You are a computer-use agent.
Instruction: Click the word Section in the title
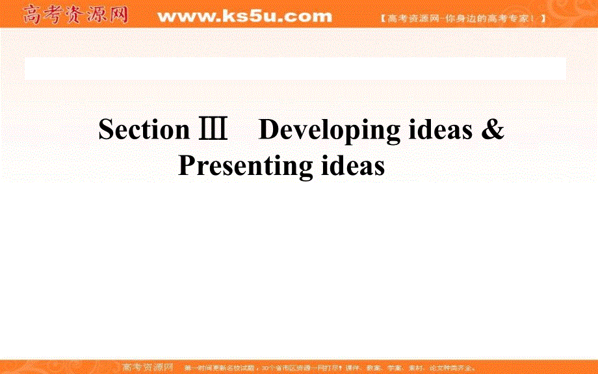pos(143,130)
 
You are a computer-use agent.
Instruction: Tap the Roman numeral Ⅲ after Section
pos(213,130)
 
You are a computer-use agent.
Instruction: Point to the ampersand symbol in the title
pos(493,130)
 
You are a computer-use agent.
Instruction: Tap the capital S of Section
pos(105,130)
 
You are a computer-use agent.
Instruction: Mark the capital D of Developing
pos(268,130)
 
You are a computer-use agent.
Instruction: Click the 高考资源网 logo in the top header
pos(75,14)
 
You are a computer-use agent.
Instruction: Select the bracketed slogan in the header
pos(462,18)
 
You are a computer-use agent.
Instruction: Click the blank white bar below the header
pos(295,68)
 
